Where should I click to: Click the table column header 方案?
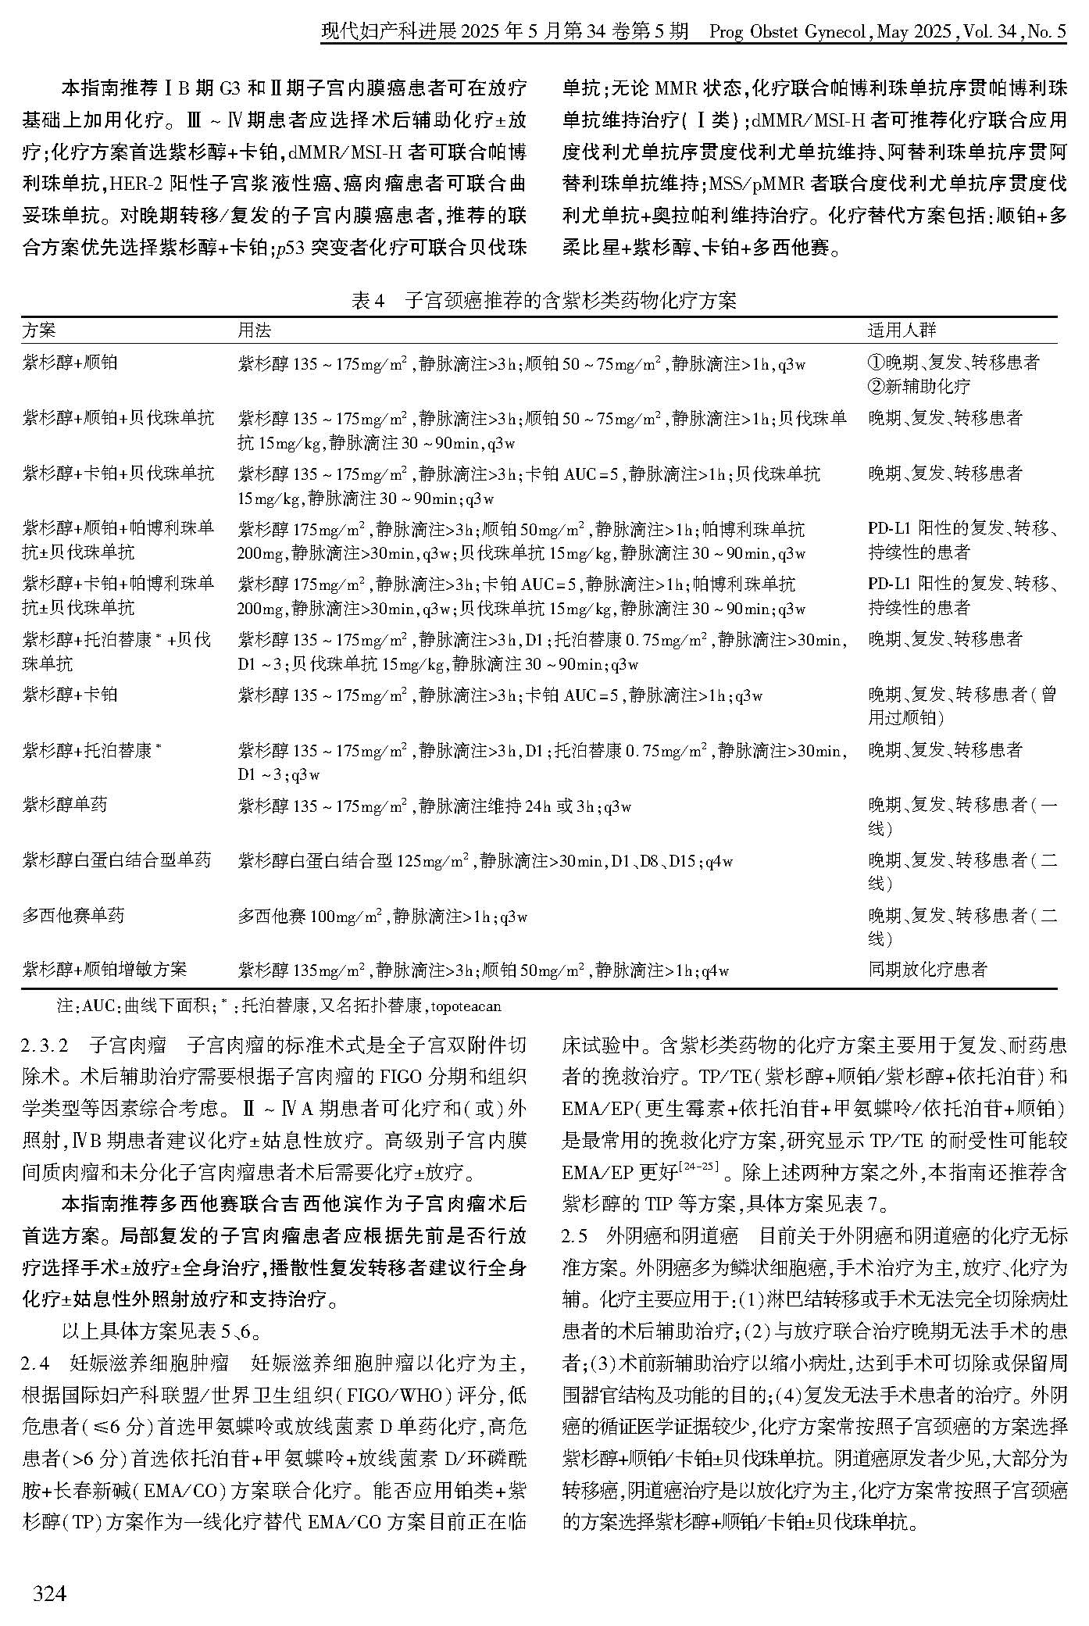[39, 331]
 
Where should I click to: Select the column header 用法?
[254, 331]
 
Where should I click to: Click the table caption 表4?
[370, 302]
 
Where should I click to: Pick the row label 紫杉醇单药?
[65, 805]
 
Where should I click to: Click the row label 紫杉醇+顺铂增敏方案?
[105, 970]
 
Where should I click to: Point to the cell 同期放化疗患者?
[928, 970]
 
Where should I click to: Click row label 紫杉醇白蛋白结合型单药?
[116, 860]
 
